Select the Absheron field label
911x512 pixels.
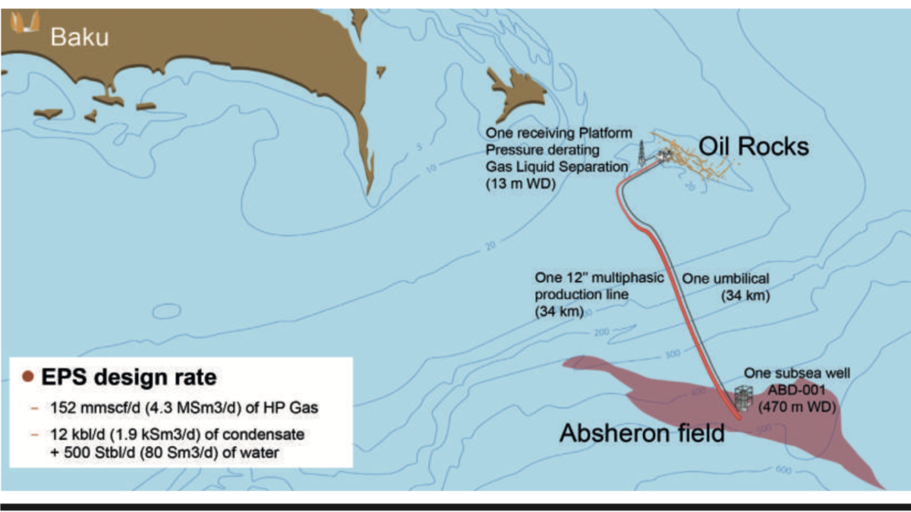click(x=641, y=433)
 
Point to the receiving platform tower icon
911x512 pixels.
click(x=641, y=152)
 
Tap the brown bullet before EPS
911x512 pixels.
click(x=27, y=377)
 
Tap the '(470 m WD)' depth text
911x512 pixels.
click(x=797, y=407)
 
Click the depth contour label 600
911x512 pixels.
click(x=783, y=470)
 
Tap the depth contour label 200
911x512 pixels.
click(x=603, y=333)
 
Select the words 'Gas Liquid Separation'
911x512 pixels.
click(x=556, y=166)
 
